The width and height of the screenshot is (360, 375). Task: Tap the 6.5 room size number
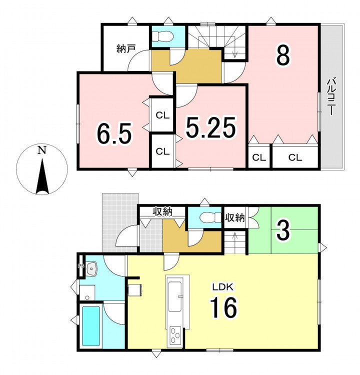114,133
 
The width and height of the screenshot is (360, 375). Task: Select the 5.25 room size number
211,127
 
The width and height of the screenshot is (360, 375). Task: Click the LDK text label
223,287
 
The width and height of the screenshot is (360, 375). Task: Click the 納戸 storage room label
126,49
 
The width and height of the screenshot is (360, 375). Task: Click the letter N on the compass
42,150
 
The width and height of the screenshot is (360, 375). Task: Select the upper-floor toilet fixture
163,37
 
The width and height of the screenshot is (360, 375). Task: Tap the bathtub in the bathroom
91,326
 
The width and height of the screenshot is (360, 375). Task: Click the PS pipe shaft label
81,265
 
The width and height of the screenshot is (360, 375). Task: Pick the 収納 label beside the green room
234,217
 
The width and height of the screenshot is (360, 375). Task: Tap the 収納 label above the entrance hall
162,211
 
